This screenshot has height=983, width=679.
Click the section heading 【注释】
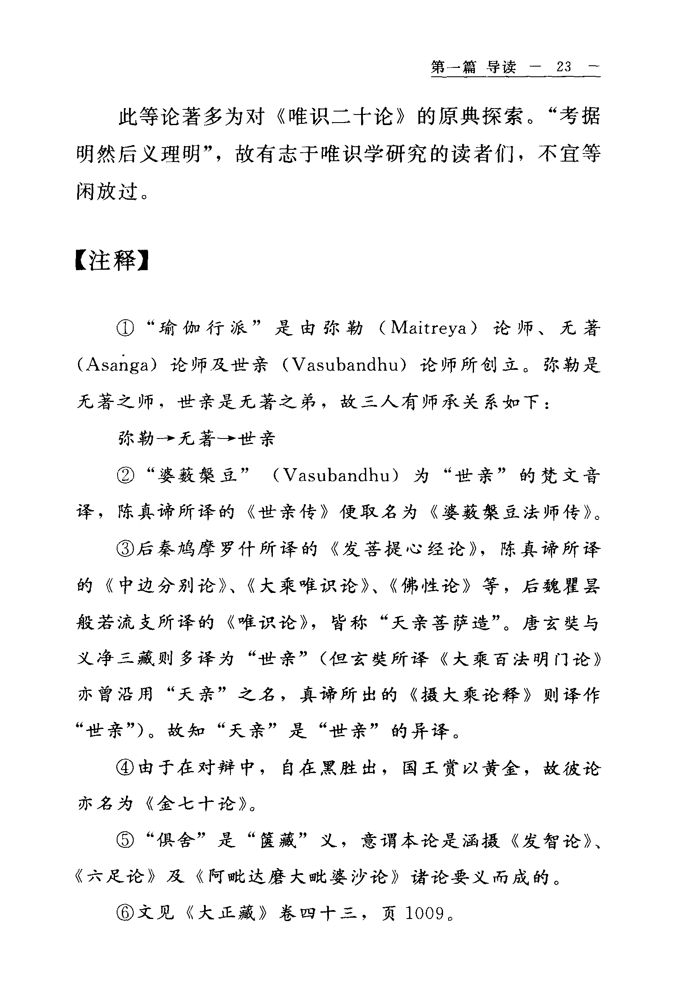pyautogui.click(x=112, y=260)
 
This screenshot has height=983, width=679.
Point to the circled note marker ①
pyautogui.click(x=126, y=328)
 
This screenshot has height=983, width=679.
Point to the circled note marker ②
pyautogui.click(x=126, y=475)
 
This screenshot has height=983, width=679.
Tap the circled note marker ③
pyautogui.click(x=126, y=549)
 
